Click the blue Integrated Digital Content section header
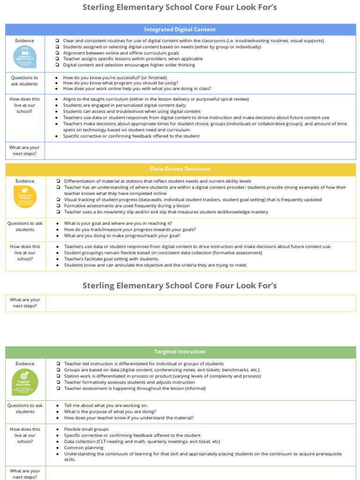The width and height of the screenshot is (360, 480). pos(180,30)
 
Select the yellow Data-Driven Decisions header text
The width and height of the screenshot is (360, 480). pos(180,169)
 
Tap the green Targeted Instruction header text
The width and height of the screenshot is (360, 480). pos(180,352)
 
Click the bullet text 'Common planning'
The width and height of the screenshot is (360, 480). pos(84,448)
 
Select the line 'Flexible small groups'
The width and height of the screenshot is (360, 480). pos(86,429)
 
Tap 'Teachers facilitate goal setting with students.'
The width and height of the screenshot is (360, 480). pos(112,259)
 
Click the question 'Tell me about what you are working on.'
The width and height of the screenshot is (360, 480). pos(106,405)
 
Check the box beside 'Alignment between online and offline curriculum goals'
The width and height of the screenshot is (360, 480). pos(57,53)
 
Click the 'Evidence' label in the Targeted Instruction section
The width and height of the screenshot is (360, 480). pos(25,364)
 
